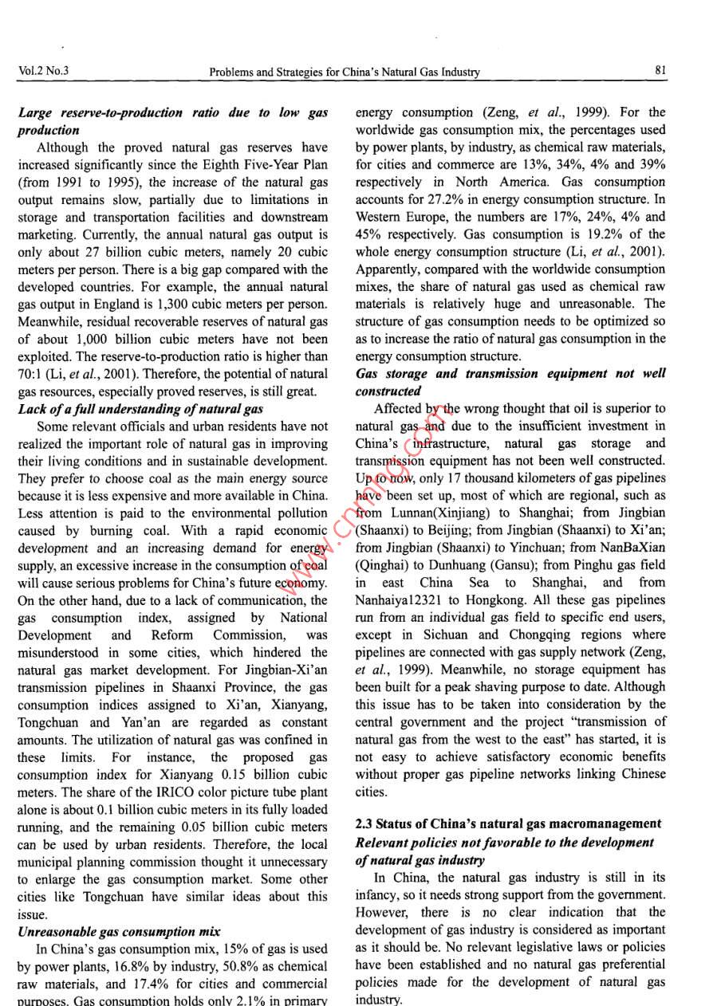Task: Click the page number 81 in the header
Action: (660, 71)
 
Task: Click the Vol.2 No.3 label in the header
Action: (42, 71)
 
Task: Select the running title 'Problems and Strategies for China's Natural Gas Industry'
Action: (345, 72)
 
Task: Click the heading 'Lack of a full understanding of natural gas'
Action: (140, 409)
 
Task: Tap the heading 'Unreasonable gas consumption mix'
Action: (106, 931)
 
